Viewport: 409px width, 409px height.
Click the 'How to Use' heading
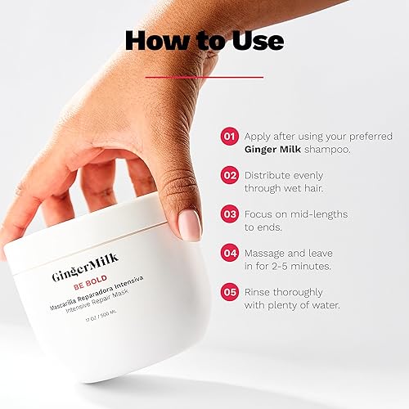coord(204,41)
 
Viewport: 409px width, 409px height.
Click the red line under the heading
coord(204,77)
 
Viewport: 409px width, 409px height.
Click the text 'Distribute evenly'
coord(285,175)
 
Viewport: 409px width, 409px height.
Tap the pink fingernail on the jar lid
coord(189,225)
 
